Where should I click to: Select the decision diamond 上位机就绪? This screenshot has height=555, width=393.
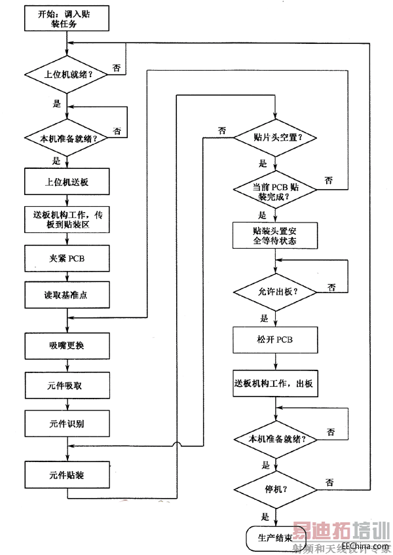click(67, 75)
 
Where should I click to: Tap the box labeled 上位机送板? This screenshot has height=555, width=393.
click(67, 183)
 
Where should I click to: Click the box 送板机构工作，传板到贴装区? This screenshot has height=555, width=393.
click(67, 219)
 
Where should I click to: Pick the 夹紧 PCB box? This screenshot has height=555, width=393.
click(67, 257)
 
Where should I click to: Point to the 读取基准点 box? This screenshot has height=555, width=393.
click(67, 295)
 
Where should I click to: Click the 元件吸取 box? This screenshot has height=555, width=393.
click(67, 385)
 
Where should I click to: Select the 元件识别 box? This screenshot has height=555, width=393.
click(67, 423)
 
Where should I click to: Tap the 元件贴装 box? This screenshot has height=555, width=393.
click(67, 474)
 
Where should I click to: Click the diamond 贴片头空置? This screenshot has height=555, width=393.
click(275, 138)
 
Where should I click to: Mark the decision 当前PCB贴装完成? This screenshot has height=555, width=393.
click(275, 190)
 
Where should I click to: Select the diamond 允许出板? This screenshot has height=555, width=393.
click(275, 291)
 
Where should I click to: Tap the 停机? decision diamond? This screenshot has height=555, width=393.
click(275, 488)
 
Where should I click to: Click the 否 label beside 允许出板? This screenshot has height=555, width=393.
click(331, 287)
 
